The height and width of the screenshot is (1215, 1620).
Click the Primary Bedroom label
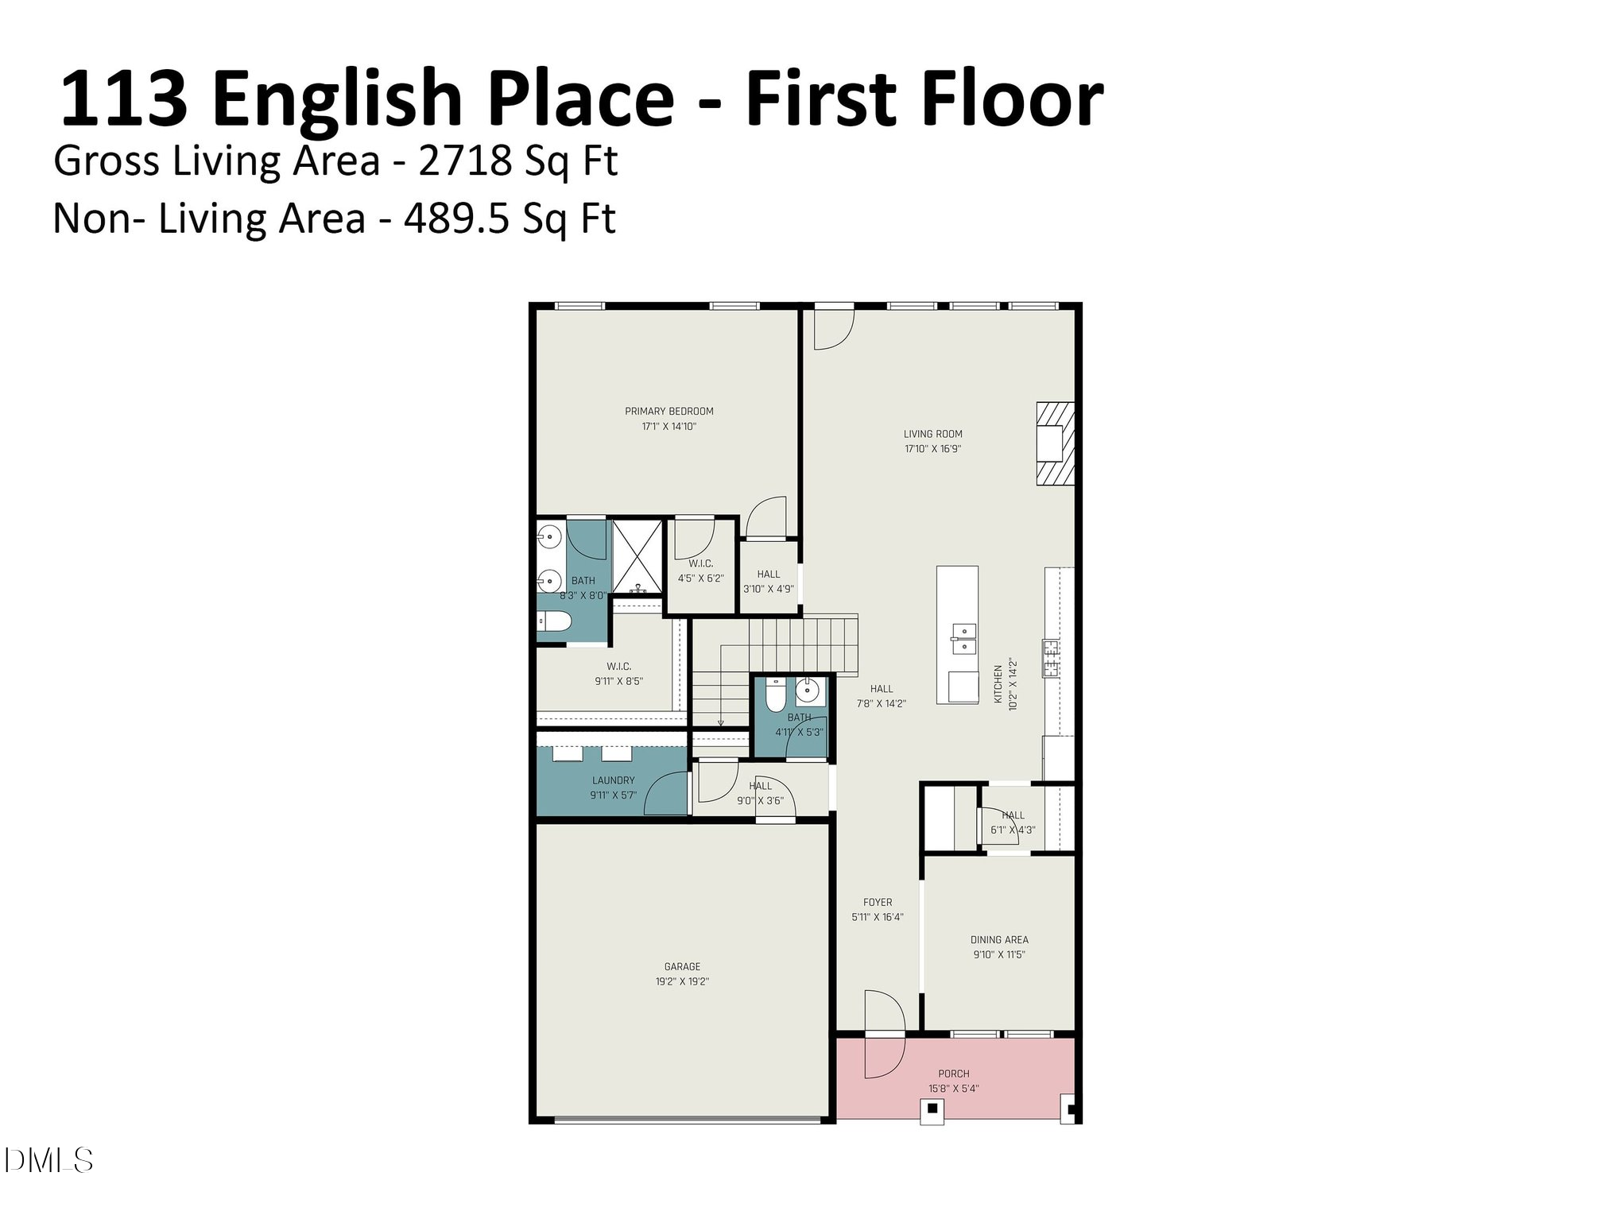click(669, 412)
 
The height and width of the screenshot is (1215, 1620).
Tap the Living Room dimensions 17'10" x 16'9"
click(932, 449)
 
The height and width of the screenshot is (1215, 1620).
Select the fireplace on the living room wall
click(1054, 444)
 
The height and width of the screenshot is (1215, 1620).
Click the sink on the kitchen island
click(963, 638)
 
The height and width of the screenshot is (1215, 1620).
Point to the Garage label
click(682, 967)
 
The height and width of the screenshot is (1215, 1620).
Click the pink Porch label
click(953, 1074)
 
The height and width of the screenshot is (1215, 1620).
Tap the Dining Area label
click(998, 940)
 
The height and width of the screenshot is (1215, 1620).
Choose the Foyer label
click(878, 903)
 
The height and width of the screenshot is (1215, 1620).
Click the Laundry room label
click(613, 780)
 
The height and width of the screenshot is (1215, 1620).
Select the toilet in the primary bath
click(551, 624)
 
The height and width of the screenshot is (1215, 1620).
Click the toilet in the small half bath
click(774, 696)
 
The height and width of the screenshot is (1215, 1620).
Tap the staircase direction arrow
click(720, 722)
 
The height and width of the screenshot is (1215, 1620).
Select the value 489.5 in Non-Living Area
click(455, 219)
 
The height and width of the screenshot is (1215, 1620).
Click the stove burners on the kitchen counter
click(1051, 658)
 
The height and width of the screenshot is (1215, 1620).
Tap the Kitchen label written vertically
click(998, 684)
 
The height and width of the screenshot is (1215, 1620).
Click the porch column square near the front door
click(932, 1109)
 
